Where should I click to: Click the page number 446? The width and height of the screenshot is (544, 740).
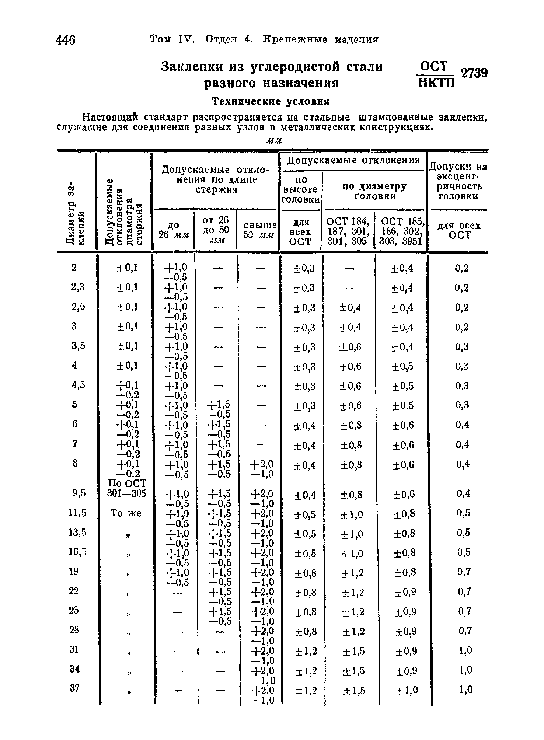66,39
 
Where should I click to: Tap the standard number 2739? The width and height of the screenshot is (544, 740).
474,73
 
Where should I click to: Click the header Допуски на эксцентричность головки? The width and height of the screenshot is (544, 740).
458,182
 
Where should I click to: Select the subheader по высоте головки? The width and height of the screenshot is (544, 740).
301,189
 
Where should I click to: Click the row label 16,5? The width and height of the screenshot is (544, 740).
77,552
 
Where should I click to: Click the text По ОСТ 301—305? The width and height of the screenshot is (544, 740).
126,488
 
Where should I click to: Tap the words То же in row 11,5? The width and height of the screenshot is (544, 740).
126,513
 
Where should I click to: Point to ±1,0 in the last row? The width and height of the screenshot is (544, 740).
407,690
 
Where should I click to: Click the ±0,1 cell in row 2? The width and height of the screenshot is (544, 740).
126,268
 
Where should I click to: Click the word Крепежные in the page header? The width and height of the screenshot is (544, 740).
295,39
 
